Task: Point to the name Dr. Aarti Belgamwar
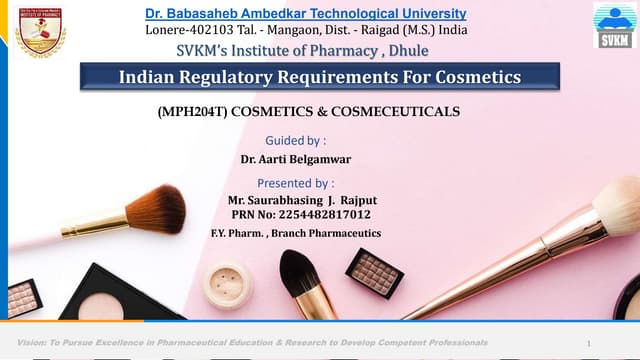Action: coord(297,159)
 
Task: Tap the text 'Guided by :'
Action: coord(296,140)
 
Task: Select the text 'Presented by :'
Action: coord(296,183)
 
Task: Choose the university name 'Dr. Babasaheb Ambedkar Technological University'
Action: coord(305,14)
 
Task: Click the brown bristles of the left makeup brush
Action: coord(157,209)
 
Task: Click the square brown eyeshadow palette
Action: coord(374,272)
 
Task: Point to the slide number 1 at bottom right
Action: coord(590,343)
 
